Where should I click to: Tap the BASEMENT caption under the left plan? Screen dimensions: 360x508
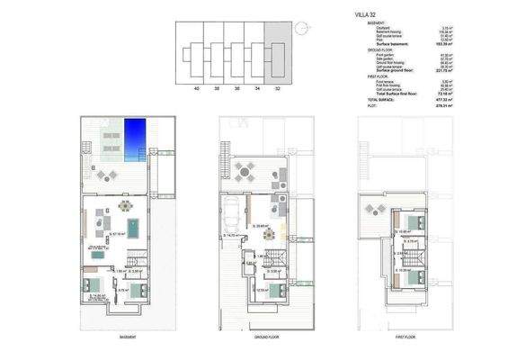[x=128, y=337]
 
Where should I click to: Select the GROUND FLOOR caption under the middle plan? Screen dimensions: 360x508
[x=263, y=337]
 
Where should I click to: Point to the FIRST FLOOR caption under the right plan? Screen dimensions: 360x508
[x=406, y=337]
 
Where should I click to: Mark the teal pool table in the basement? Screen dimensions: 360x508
[x=133, y=226]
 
